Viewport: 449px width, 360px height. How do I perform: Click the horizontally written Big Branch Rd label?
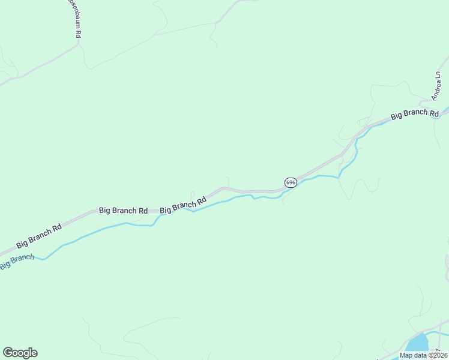pos(123,211)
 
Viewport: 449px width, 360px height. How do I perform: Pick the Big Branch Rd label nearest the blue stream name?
pos(39,236)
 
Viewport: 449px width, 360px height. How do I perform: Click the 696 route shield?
pos(290,182)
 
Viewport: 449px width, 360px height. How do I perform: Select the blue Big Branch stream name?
pos(16,262)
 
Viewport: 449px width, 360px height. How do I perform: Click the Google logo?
pos(20,353)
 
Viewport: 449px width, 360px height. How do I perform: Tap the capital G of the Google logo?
pos(8,353)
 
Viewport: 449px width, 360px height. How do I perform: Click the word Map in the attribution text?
pos(406,355)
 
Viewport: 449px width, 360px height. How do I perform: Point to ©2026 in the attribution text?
pos(438,355)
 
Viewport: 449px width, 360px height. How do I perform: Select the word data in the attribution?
pos(421,355)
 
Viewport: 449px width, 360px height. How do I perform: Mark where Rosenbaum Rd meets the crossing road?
pos(79,44)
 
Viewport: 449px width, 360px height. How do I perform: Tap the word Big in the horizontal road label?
pos(105,211)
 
